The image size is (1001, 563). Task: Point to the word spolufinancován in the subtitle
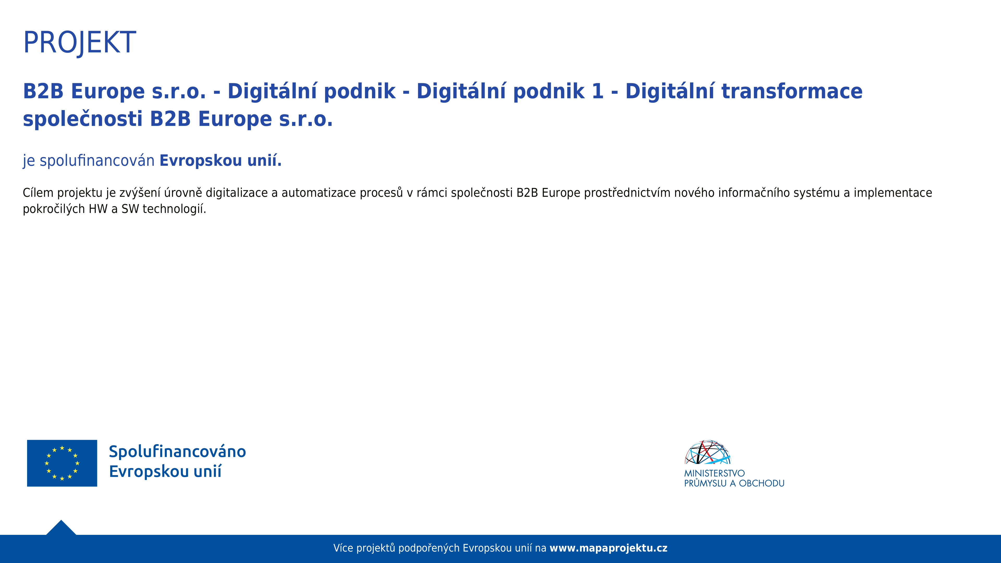click(x=97, y=161)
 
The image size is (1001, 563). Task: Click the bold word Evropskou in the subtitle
click(x=201, y=161)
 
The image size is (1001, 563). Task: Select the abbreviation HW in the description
click(x=98, y=209)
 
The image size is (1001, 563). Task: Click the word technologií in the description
click(x=174, y=209)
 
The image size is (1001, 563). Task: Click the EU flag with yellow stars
click(x=62, y=463)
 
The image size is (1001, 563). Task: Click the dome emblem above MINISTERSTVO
click(x=708, y=452)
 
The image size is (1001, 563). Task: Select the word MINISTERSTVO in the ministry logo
click(x=714, y=473)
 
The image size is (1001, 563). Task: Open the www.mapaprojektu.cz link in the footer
click(x=608, y=548)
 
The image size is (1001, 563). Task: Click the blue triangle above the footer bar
click(x=61, y=527)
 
